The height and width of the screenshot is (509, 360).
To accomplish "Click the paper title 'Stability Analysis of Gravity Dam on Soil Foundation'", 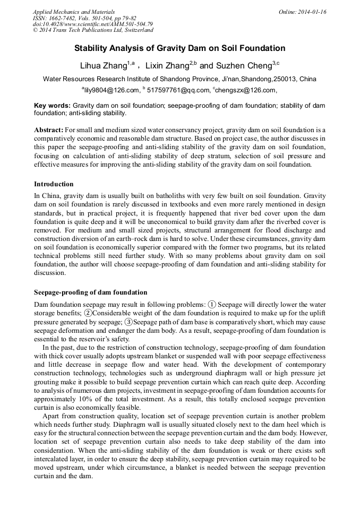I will tap(179, 48).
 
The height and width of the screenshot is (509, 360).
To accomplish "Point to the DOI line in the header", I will tap(93, 24).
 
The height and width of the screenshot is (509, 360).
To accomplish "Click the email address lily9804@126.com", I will tap(112, 90).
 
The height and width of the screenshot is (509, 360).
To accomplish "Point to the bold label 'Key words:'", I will tap(52, 106).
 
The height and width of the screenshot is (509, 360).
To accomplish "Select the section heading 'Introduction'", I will tap(54, 184).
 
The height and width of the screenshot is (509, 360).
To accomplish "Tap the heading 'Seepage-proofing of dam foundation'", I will tap(90, 292).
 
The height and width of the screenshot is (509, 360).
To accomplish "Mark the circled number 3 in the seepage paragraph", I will tap(128, 322).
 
